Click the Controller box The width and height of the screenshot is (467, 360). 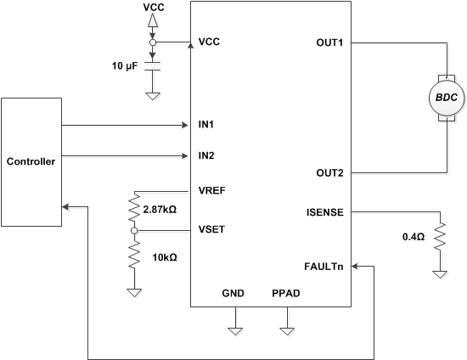[31, 161]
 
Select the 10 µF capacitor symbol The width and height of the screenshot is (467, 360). [153, 63]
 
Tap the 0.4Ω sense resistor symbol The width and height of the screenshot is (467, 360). [440, 238]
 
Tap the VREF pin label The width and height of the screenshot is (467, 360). [212, 191]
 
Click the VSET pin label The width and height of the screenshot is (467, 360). [212, 229]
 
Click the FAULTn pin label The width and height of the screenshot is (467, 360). [323, 266]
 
